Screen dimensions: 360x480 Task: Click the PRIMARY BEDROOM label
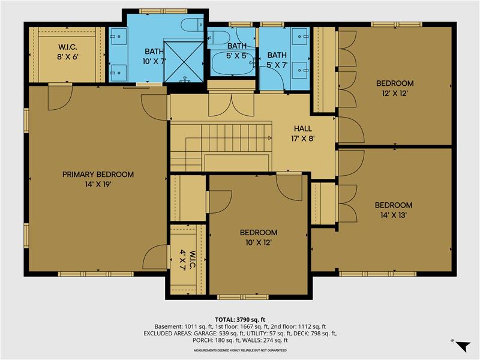pyautogui.click(x=98, y=175)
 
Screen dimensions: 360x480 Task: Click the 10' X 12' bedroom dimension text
pyautogui.click(x=258, y=242)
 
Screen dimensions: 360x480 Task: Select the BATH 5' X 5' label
pyautogui.click(x=236, y=50)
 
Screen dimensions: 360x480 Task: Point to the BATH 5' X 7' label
pyautogui.click(x=277, y=59)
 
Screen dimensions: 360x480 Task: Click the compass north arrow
pyautogui.click(x=462, y=346)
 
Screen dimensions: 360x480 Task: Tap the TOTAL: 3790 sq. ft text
pyautogui.click(x=239, y=319)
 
